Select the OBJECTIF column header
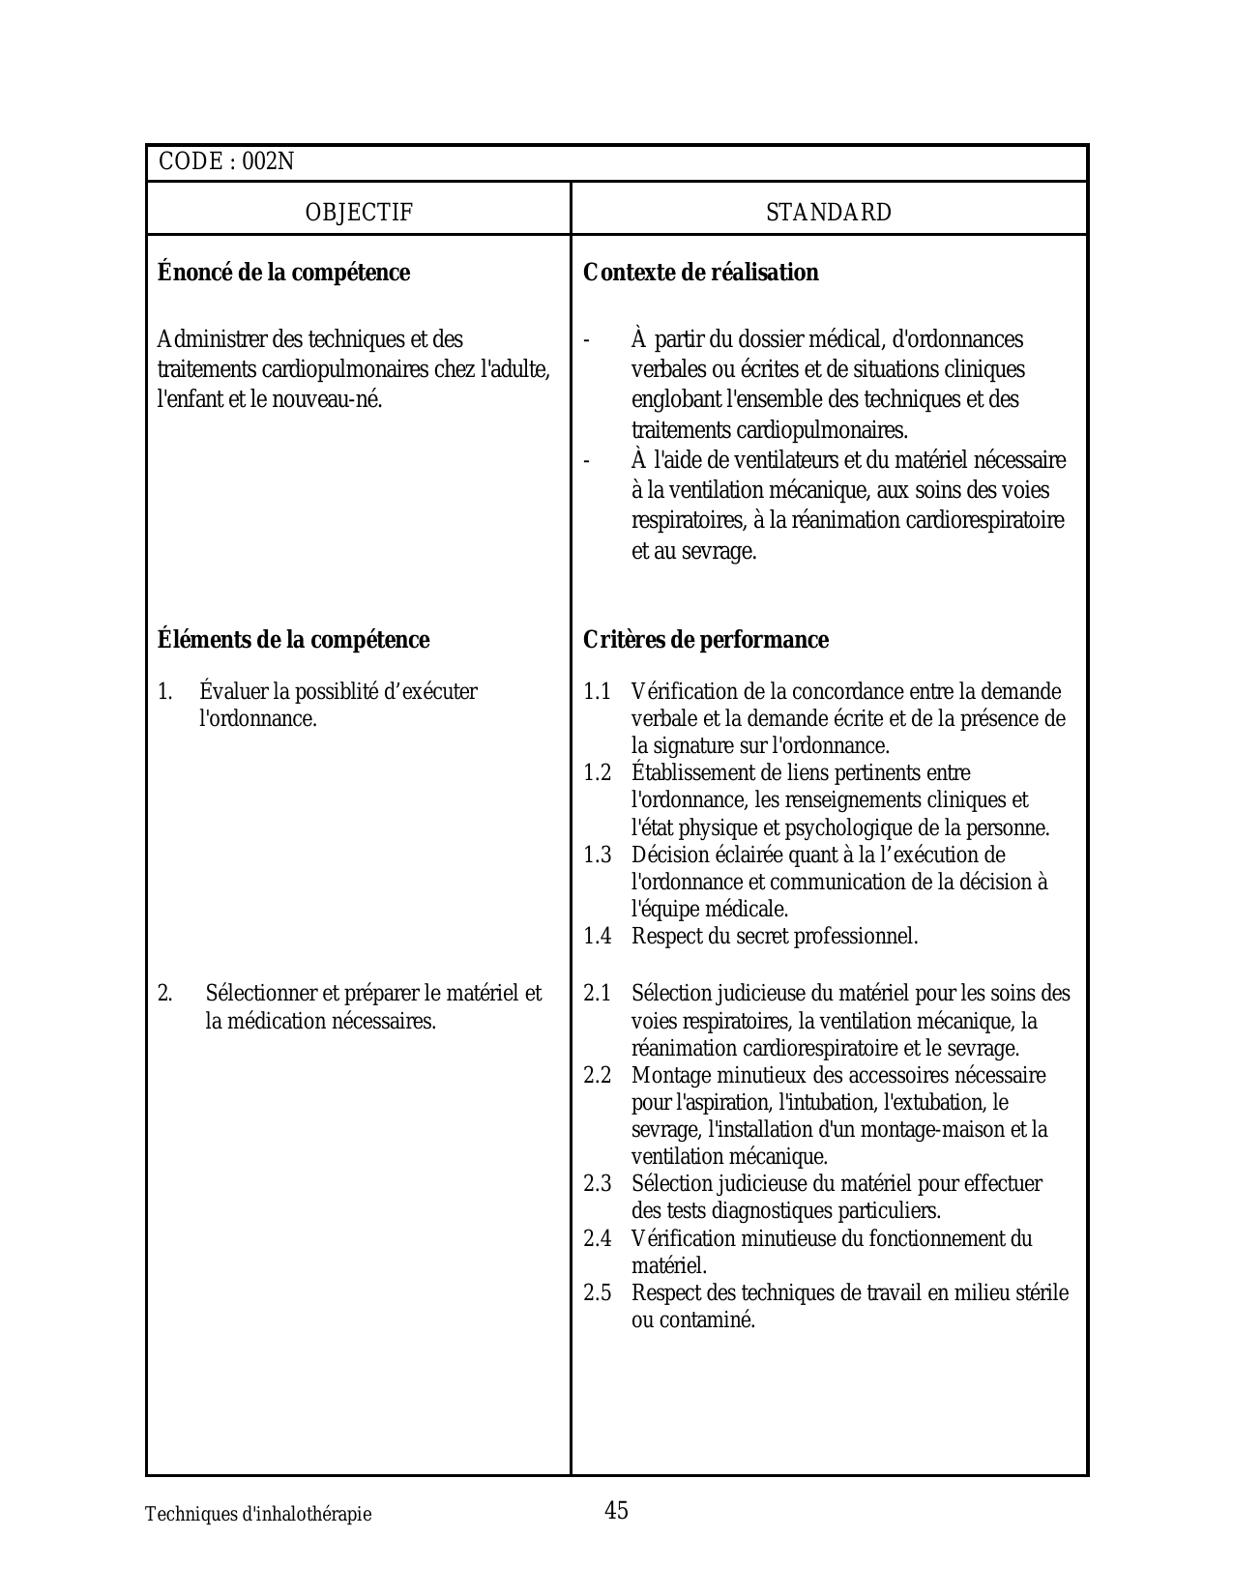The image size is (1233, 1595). click(x=359, y=213)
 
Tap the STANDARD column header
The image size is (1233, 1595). click(x=829, y=213)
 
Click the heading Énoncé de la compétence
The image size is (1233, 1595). click(x=283, y=273)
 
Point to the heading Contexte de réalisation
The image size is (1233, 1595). click(x=701, y=273)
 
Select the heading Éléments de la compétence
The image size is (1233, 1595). click(x=293, y=640)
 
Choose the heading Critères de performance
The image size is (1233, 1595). click(x=706, y=640)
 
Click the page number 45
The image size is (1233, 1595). click(x=616, y=1510)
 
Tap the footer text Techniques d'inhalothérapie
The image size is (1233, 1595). click(x=258, y=1515)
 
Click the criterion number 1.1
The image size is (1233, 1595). click(x=597, y=692)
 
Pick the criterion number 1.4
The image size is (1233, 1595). click(x=597, y=936)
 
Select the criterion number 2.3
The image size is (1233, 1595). click(x=597, y=1183)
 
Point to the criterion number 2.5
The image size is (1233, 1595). click(x=597, y=1292)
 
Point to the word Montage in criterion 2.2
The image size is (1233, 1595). click(x=671, y=1075)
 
